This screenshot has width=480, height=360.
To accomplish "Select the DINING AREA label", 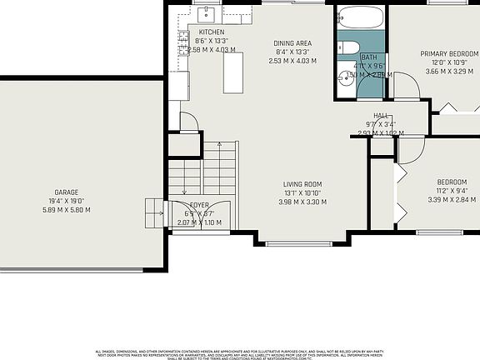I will click(292, 42).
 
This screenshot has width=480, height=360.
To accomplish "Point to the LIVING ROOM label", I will click(302, 184).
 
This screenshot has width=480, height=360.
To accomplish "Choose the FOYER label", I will click(199, 204).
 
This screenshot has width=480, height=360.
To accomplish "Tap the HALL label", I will click(381, 116).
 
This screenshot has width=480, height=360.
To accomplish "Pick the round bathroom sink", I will click(346, 79).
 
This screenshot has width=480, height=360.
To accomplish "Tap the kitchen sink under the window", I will click(207, 14).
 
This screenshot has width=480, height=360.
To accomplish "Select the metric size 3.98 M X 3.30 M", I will click(302, 202).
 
